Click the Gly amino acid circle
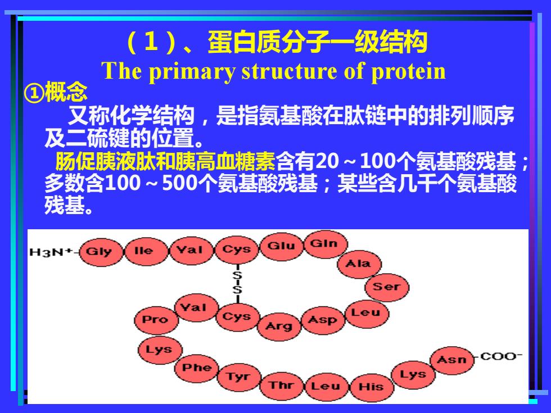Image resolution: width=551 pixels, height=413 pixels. pos(101,252)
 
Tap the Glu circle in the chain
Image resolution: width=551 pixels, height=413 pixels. pos(281,246)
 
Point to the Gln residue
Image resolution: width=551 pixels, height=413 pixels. pos(326,244)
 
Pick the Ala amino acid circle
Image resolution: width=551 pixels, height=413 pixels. pos(359,264)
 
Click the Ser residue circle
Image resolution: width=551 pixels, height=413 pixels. pos(387,287)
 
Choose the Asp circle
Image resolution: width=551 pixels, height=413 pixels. pos(323,320)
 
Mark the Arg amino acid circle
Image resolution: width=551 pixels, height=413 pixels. pos(279,326)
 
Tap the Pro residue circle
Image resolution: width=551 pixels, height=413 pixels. pos(156,320)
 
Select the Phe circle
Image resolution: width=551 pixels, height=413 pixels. pos(197,368)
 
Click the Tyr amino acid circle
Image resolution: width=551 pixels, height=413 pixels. pos(239,377)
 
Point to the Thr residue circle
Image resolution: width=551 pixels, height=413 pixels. pos(282,385)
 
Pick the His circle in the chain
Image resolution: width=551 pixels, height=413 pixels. pos(372,388)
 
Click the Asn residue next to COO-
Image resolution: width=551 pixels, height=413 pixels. pos(452,360)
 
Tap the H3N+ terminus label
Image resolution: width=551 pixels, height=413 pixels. pos(51,252)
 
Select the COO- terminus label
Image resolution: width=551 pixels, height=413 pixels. pos(501,356)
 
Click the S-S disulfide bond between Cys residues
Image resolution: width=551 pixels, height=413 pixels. pos(237,283)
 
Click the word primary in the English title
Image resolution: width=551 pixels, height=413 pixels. pos(192,72)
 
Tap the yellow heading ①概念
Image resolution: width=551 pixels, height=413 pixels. pos(56,92)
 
